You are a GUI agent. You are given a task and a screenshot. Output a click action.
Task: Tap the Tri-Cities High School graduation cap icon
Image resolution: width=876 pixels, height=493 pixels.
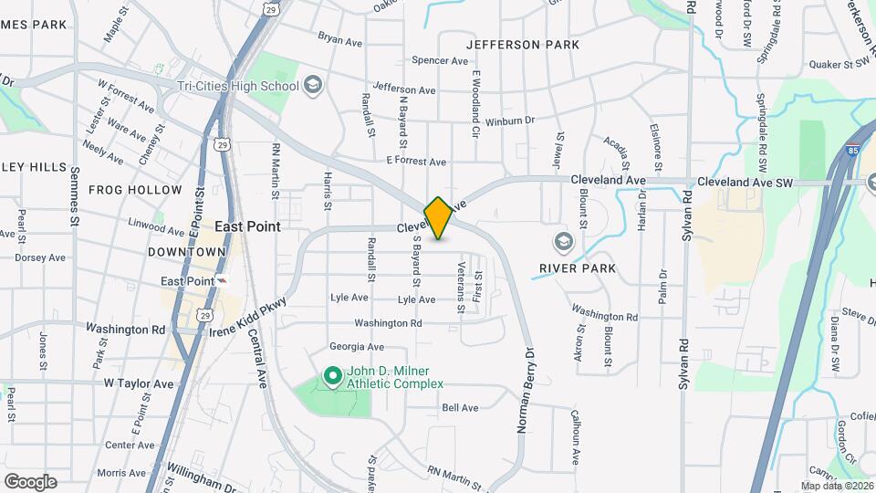pyautogui.click(x=314, y=86)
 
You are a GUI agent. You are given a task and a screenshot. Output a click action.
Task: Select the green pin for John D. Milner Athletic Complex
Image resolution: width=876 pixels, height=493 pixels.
pyautogui.click(x=333, y=375)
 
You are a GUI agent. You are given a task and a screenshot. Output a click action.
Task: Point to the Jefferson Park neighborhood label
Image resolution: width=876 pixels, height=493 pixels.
pyautogui.click(x=522, y=44)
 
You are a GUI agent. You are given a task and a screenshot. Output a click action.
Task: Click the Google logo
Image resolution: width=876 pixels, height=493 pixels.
pyautogui.click(x=30, y=481)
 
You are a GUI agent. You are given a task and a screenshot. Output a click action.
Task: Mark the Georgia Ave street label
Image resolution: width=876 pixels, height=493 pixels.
pyautogui.click(x=356, y=347)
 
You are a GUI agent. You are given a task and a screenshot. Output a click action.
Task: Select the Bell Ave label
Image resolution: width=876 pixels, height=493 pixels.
pyautogui.click(x=460, y=408)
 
